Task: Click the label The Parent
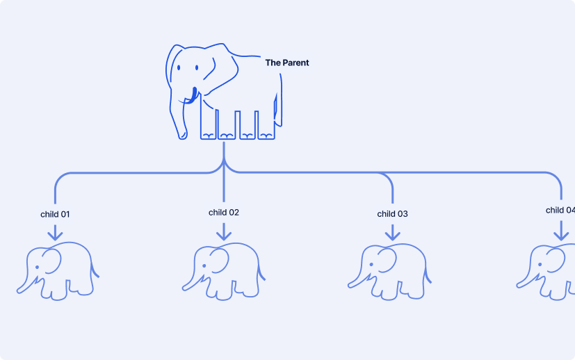coord(286,63)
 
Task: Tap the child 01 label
coord(55,214)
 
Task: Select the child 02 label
coord(224,213)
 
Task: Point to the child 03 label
coord(392,214)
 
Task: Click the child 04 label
coord(560,210)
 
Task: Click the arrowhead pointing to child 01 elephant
coord(55,236)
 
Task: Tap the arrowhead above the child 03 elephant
coord(393,236)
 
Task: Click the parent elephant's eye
coord(179,69)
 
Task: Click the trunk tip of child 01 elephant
coord(20,289)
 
